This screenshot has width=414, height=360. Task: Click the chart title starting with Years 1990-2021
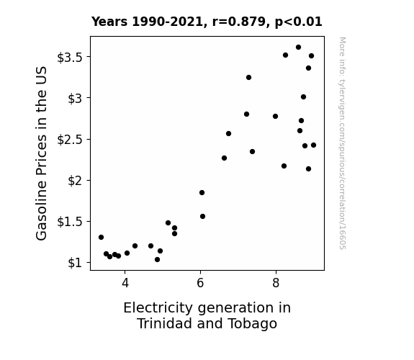pyautogui.click(x=207, y=22)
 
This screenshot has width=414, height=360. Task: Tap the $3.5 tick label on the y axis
pyautogui.click(x=71, y=58)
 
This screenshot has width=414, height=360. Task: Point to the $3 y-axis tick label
pyautogui.click(x=76, y=99)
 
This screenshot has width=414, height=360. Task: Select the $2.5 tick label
pyautogui.click(x=71, y=140)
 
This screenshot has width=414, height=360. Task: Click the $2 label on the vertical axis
pyautogui.click(x=76, y=181)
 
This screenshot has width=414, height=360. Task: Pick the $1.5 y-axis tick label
pyautogui.click(x=71, y=222)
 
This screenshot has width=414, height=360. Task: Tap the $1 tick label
pyautogui.click(x=76, y=263)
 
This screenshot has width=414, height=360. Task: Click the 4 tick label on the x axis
pyautogui.click(x=125, y=283)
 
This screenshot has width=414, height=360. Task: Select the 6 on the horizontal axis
pyautogui.click(x=200, y=283)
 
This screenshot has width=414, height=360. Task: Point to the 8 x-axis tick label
pyautogui.click(x=276, y=283)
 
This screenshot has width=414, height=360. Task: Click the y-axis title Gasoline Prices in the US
pyautogui.click(x=41, y=153)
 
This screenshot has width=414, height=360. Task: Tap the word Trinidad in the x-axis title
pyautogui.click(x=165, y=323)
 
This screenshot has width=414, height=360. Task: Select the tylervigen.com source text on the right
pyautogui.click(x=343, y=143)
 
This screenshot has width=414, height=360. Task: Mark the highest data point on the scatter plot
pyautogui.click(x=298, y=48)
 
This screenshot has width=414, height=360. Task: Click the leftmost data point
pyautogui.click(x=101, y=237)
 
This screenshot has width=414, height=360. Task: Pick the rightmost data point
pyautogui.click(x=313, y=145)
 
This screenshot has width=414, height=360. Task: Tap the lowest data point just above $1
pyautogui.click(x=158, y=260)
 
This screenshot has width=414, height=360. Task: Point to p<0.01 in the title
pyautogui.click(x=299, y=22)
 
